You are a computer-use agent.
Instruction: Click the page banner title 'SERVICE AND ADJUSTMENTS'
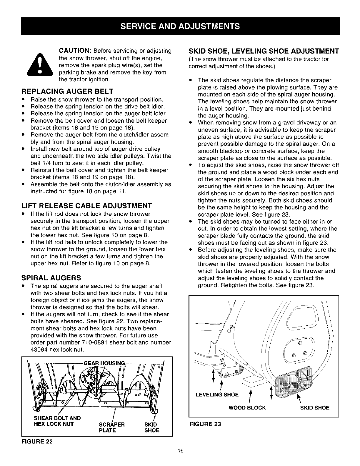(180, 26)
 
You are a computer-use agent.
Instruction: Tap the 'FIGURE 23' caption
(205, 424)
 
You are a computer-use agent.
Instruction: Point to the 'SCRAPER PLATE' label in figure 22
(112, 427)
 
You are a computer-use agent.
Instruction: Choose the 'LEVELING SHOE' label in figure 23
(217, 395)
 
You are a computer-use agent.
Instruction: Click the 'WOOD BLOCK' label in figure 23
(247, 407)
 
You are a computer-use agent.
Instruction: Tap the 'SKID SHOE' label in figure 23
(315, 407)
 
